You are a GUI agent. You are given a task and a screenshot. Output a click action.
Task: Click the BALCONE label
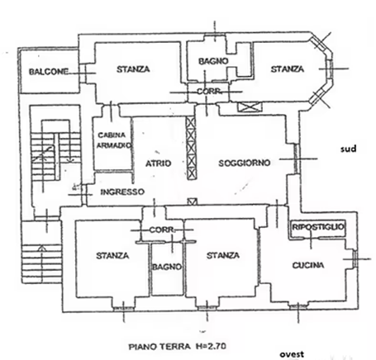(49, 72)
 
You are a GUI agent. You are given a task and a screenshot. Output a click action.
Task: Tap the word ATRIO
(159, 163)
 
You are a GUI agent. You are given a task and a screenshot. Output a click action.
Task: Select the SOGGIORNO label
(245, 163)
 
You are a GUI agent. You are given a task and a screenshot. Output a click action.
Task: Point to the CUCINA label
(308, 265)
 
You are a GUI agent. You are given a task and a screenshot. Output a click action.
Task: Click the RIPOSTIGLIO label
(318, 227)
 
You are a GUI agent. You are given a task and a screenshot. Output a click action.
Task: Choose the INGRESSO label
(122, 192)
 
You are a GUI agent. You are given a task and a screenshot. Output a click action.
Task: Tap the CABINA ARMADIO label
(113, 140)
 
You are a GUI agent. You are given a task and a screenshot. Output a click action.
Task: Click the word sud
(349, 149)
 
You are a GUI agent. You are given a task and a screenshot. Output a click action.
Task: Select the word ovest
(292, 354)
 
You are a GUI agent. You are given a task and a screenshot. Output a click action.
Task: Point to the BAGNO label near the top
(213, 61)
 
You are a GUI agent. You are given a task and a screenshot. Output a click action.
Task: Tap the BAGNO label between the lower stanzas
(167, 267)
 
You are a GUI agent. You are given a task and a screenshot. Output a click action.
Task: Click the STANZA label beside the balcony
(133, 69)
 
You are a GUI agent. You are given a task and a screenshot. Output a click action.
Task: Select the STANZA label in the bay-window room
(287, 69)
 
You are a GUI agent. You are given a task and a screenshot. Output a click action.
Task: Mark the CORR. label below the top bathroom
(210, 91)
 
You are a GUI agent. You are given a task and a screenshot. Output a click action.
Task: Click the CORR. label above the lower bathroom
(162, 230)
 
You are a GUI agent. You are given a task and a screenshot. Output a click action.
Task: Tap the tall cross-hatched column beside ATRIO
(191, 149)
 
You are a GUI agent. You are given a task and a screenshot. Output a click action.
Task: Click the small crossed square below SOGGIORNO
(193, 201)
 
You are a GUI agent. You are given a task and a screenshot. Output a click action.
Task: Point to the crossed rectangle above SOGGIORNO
(249, 107)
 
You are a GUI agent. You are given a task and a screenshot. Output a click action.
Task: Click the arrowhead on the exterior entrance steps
(41, 248)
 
